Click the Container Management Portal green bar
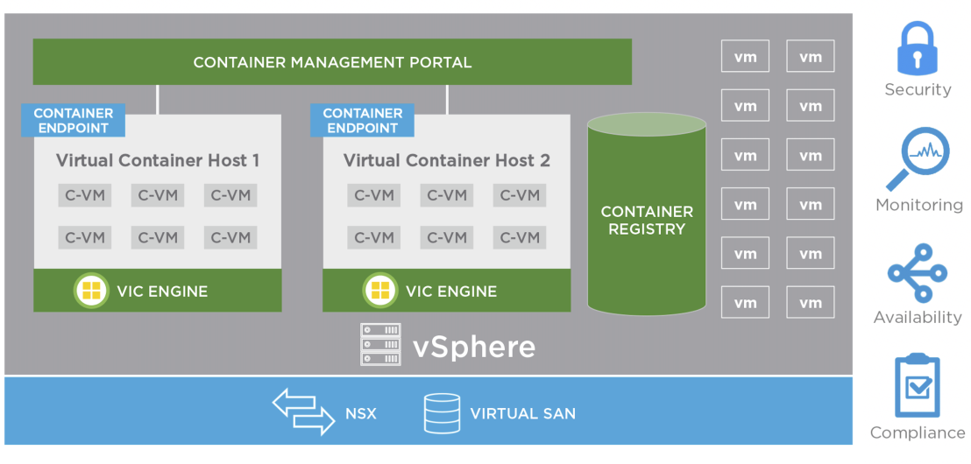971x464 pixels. point(332,62)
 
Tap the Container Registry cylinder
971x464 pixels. point(647,214)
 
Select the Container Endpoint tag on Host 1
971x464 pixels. point(73,121)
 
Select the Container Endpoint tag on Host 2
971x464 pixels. point(362,121)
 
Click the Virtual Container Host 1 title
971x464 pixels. point(157,161)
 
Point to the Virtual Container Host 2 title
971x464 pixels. point(446,161)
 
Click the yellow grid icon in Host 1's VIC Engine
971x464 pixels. point(91,290)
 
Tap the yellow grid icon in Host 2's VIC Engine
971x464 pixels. point(380,290)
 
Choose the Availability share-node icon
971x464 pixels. point(918,273)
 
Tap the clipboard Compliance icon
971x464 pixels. point(918,386)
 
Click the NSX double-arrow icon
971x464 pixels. point(303,411)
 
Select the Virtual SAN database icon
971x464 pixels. point(442,412)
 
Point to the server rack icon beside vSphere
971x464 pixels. point(380,344)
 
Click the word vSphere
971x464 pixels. point(474,347)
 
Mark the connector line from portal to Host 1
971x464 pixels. point(157,100)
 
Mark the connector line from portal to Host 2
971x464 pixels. point(446,100)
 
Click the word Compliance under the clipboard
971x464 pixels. point(918,432)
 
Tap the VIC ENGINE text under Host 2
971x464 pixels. point(450,291)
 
